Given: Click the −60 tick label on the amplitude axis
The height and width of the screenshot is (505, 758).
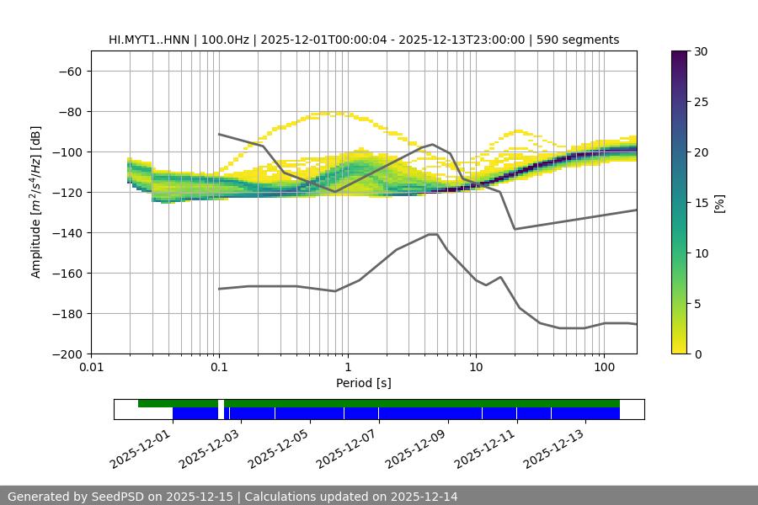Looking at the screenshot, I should [69, 72].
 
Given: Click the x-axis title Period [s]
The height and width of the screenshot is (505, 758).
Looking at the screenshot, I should [363, 383].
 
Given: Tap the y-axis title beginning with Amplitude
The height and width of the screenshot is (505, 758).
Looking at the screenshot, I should [36, 202].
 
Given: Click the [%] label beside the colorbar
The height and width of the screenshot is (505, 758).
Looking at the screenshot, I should [718, 203].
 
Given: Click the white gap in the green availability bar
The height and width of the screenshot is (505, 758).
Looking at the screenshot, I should [221, 404].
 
